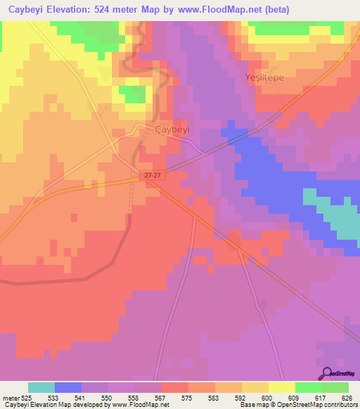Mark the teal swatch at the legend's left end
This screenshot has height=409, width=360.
(41, 387)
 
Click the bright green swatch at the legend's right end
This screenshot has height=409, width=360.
(335, 387)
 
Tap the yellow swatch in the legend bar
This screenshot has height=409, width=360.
(281, 387)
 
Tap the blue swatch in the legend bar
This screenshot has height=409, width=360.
(68, 387)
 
